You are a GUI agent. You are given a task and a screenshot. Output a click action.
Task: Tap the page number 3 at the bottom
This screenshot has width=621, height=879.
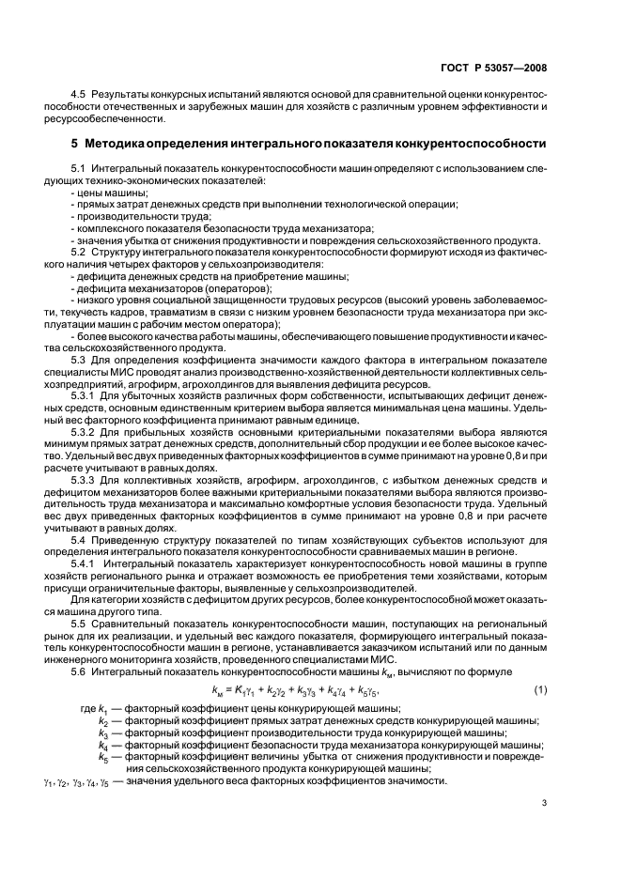pos(545,827)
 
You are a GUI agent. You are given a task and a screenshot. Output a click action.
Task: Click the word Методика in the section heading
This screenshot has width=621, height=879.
pos(123,144)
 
